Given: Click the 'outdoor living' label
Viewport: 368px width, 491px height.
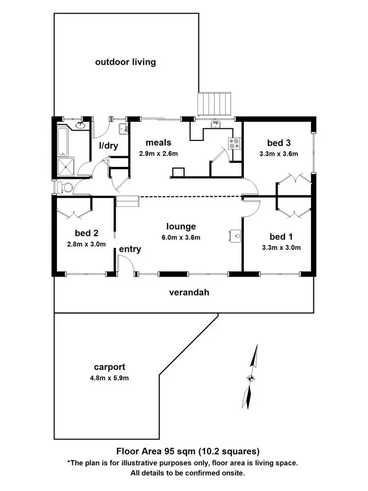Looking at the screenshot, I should tap(125, 62).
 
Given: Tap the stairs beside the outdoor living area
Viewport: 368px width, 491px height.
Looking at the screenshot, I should tap(215, 104).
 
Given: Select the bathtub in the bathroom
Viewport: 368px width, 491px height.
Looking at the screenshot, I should tap(64, 140).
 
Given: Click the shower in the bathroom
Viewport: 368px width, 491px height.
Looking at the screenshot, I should tap(66, 166).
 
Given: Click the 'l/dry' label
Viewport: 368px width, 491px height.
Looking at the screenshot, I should tap(107, 145).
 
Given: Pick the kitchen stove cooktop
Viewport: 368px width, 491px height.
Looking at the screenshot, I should tap(234, 143).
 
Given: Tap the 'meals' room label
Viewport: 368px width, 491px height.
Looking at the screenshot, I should tap(158, 143).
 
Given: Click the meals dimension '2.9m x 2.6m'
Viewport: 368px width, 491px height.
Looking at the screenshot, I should tap(158, 153).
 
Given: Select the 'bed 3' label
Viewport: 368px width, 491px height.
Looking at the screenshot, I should tap(279, 143).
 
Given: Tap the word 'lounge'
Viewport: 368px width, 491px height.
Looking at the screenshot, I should tap(181, 226).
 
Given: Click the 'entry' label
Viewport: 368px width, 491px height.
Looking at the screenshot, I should tap(130, 249).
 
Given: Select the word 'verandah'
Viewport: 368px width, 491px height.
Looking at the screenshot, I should tap(189, 293).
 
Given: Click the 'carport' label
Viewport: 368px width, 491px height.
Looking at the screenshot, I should tap(109, 367).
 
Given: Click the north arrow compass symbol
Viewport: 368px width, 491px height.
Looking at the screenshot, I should tap(251, 378).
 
